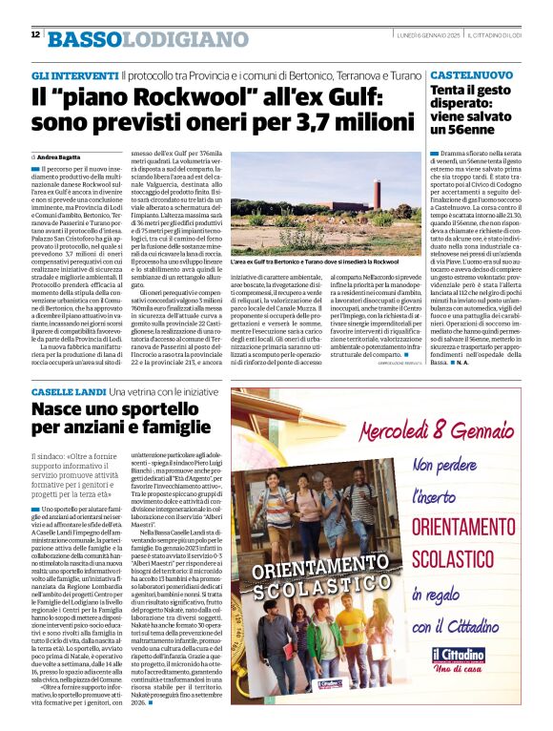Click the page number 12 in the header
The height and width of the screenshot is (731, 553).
point(35,34)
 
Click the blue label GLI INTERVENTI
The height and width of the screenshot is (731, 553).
point(74,73)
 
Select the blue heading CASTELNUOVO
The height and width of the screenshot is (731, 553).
point(468,73)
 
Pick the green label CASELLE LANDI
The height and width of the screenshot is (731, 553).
point(67,393)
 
